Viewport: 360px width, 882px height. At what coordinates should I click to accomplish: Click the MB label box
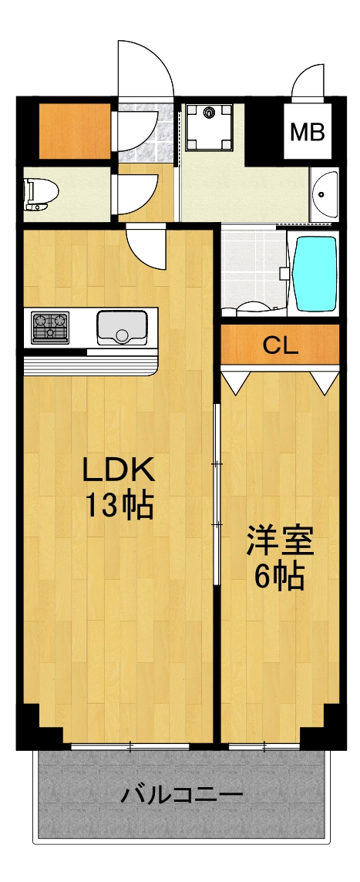tap(308, 132)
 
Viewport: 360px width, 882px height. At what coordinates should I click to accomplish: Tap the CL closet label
tap(280, 345)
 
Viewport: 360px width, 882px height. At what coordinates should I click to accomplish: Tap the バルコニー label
tap(181, 794)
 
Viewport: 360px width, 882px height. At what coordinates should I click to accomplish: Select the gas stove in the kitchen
tap(50, 326)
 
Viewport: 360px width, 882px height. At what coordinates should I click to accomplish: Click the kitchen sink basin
tap(122, 327)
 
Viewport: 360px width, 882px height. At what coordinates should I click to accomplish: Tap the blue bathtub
tap(315, 272)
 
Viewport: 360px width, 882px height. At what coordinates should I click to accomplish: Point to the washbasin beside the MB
tap(325, 193)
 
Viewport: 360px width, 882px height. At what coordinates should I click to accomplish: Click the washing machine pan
tap(207, 125)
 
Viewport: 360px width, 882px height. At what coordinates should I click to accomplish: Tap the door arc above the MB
tap(308, 82)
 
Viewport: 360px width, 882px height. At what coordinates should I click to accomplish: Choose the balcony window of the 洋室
tap(264, 746)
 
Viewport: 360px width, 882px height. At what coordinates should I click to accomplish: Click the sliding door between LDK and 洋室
tap(217, 493)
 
